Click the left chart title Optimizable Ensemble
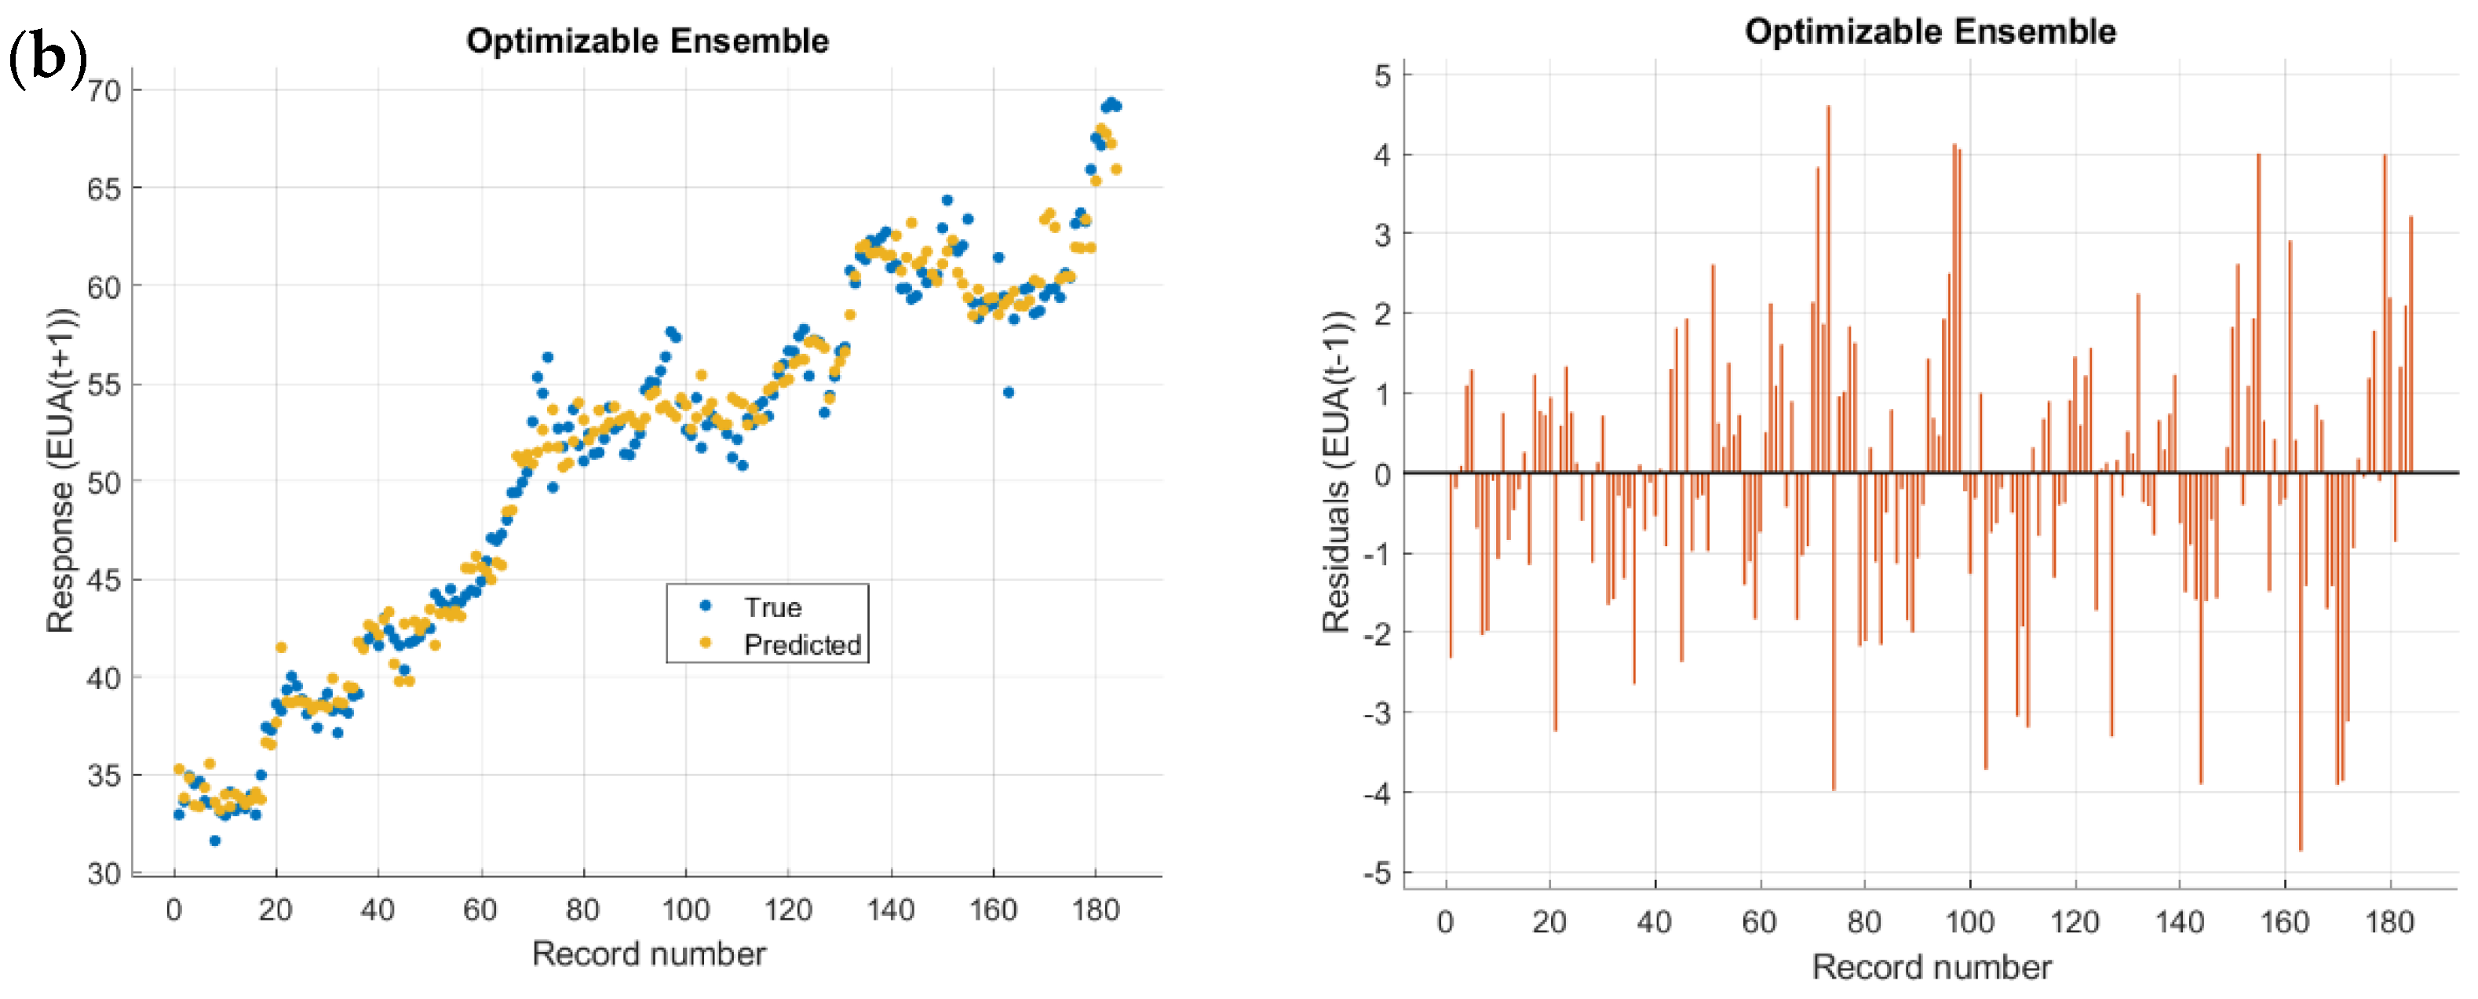pyautogui.click(x=647, y=42)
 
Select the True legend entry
pyautogui.click(x=772, y=607)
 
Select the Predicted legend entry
pyautogui.click(x=801, y=644)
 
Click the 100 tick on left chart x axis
pyautogui.click(x=685, y=910)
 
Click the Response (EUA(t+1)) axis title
pyautogui.click(x=60, y=470)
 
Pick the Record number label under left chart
pyautogui.click(x=648, y=953)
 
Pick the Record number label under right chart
pyautogui.click(x=1931, y=966)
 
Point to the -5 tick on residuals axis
pyautogui.click(x=1378, y=873)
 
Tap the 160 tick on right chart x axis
pyautogui.click(x=2283, y=922)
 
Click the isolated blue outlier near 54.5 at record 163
pyautogui.click(x=1008, y=392)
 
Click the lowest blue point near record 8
pyautogui.click(x=214, y=840)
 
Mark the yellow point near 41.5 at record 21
pyautogui.click(x=281, y=647)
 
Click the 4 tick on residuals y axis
pyautogui.click(x=1382, y=155)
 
